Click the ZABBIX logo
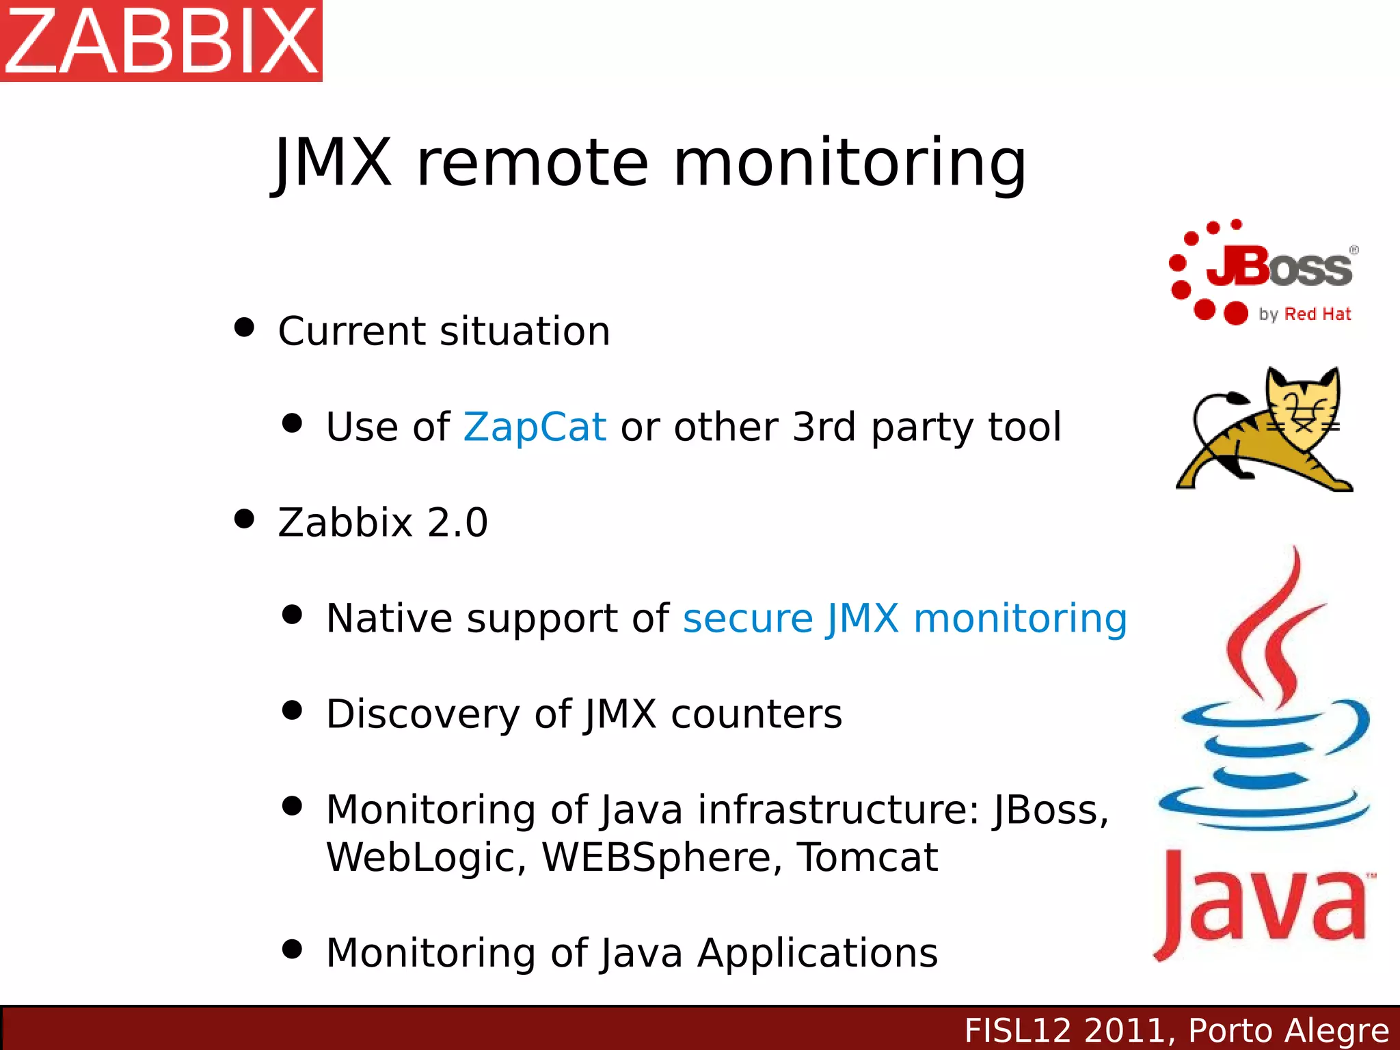pos(161,40)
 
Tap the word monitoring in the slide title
pos(850,164)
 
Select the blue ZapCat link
pos(535,427)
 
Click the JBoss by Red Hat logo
pos(1263,273)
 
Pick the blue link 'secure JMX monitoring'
pos(904,619)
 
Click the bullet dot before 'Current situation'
pos(244,327)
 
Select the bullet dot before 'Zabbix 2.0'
pos(244,519)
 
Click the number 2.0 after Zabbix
pos(457,523)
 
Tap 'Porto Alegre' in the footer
pos(1289,1031)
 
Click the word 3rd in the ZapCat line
pos(824,427)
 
